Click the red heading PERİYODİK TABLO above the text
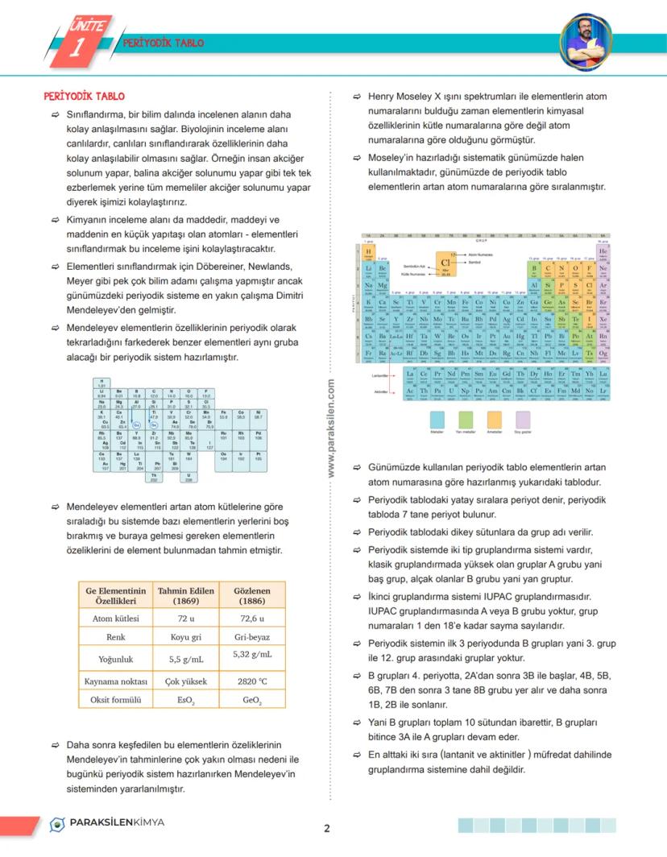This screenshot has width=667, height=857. coord(84,96)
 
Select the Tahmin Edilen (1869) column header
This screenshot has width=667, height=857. coord(185,595)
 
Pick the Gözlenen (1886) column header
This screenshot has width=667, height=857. coord(252,595)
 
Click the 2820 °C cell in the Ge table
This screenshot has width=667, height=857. coord(252,681)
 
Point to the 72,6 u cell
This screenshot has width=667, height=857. coord(252,618)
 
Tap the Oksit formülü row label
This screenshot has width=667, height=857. coord(115,700)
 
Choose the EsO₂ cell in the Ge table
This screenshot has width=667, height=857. coord(185,700)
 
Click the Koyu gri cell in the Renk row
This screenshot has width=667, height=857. coord(185,637)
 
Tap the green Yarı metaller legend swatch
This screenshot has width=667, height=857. coord(466,419)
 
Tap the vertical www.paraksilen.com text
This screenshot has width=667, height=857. coord(331,430)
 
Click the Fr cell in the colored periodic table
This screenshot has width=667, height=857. coord(369,352)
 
